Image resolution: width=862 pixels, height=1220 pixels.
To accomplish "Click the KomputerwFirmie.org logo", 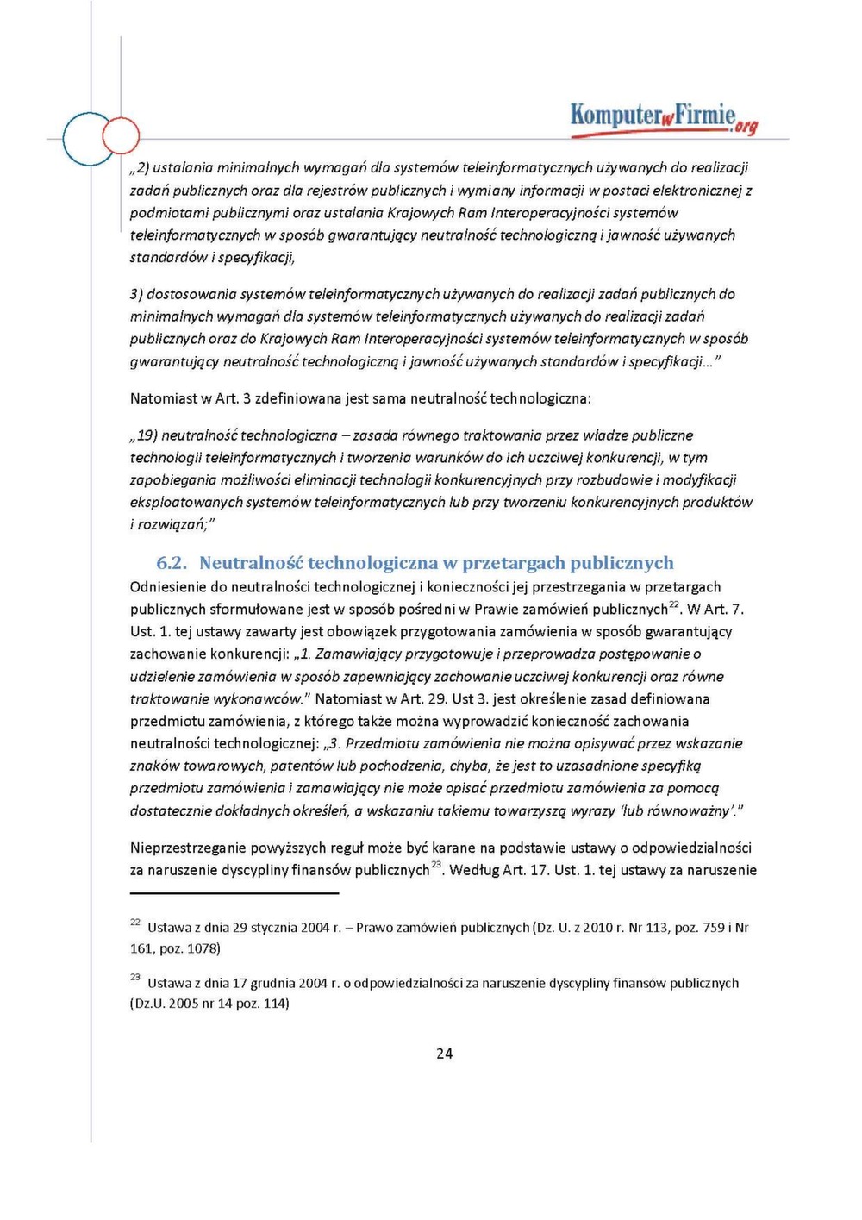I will tap(663, 118).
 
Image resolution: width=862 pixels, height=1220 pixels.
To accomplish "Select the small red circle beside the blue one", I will tap(121, 135).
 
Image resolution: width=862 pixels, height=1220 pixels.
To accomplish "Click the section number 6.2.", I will tap(172, 563).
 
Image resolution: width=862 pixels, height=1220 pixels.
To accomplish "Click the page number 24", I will tap(444, 1053).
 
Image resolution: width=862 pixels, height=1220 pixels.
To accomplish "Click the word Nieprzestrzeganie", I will tap(188, 848).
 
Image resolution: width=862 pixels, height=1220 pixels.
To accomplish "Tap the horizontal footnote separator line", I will tap(234, 893).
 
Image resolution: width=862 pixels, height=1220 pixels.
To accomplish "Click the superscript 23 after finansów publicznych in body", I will tap(436, 865).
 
